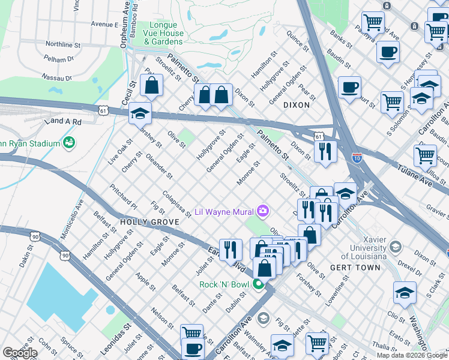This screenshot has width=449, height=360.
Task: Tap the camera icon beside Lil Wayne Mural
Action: click(262, 211)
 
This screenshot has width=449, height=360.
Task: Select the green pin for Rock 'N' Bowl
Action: click(259, 284)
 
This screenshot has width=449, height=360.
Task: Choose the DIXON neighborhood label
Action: click(297, 104)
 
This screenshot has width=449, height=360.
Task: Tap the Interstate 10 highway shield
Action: click(358, 158)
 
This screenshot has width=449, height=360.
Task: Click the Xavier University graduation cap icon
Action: click(395, 247)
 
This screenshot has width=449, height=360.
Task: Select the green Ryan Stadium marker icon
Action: click(70, 142)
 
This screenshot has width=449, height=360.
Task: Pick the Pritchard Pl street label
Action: click(124, 197)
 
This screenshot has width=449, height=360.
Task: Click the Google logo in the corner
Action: click(20, 353)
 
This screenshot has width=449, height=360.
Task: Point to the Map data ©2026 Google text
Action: click(412, 355)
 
